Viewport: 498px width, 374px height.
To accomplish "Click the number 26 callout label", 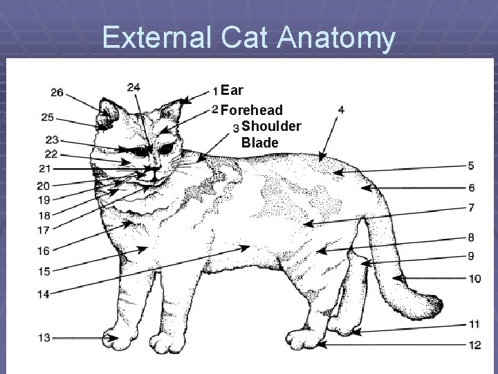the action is tap(57, 93).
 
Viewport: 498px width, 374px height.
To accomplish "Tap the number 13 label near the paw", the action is tap(44, 337).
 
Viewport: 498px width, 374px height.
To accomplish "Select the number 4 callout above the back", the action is tap(340, 109).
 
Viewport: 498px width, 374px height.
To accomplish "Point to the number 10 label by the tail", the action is tap(474, 279).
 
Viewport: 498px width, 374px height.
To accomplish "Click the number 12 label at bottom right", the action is tap(474, 344).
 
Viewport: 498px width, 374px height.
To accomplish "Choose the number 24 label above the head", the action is tap(134, 87).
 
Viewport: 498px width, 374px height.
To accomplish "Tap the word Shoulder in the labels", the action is tap(271, 126).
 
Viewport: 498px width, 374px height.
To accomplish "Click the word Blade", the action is tap(260, 143).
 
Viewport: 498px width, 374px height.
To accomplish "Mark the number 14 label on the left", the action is tap(43, 294).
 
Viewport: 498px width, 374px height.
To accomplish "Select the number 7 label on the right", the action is tap(470, 207).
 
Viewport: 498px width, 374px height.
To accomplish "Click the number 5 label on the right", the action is tap(470, 166).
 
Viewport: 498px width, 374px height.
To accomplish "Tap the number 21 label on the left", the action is tap(44, 168).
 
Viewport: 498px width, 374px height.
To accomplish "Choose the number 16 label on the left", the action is tap(43, 251).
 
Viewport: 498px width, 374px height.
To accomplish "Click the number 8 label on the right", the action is tap(470, 238).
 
